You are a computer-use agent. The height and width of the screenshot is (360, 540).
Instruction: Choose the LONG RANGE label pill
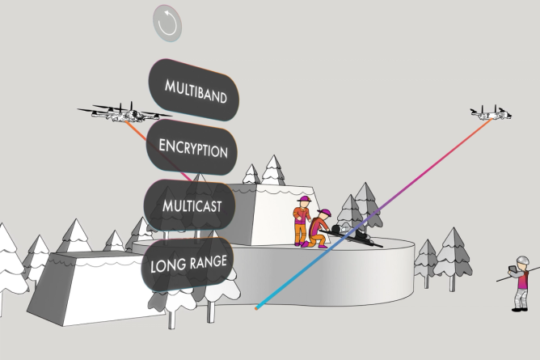(x=189, y=265)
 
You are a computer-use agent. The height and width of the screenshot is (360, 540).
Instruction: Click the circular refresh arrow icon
(x=168, y=23)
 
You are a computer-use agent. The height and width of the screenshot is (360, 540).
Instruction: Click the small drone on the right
(x=491, y=113)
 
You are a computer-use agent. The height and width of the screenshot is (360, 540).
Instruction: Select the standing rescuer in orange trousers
(x=301, y=222)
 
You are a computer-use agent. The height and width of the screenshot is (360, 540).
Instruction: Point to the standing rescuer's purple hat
(x=303, y=201)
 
